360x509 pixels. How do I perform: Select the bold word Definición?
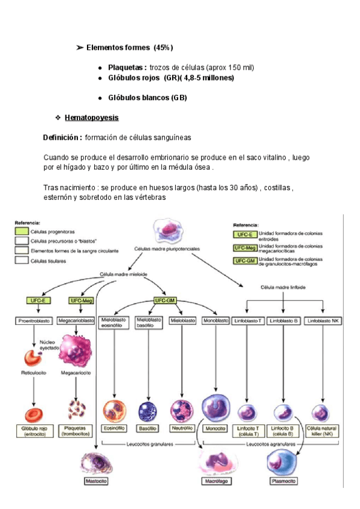tap(62, 137)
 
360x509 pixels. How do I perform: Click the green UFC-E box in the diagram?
tap(38, 300)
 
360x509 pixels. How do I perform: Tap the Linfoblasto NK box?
tap(323, 321)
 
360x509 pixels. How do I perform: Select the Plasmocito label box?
tap(284, 481)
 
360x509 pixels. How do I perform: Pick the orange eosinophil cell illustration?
tap(113, 411)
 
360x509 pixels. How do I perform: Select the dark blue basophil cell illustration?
tap(148, 411)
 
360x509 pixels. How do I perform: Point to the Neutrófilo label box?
tap(182, 429)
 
